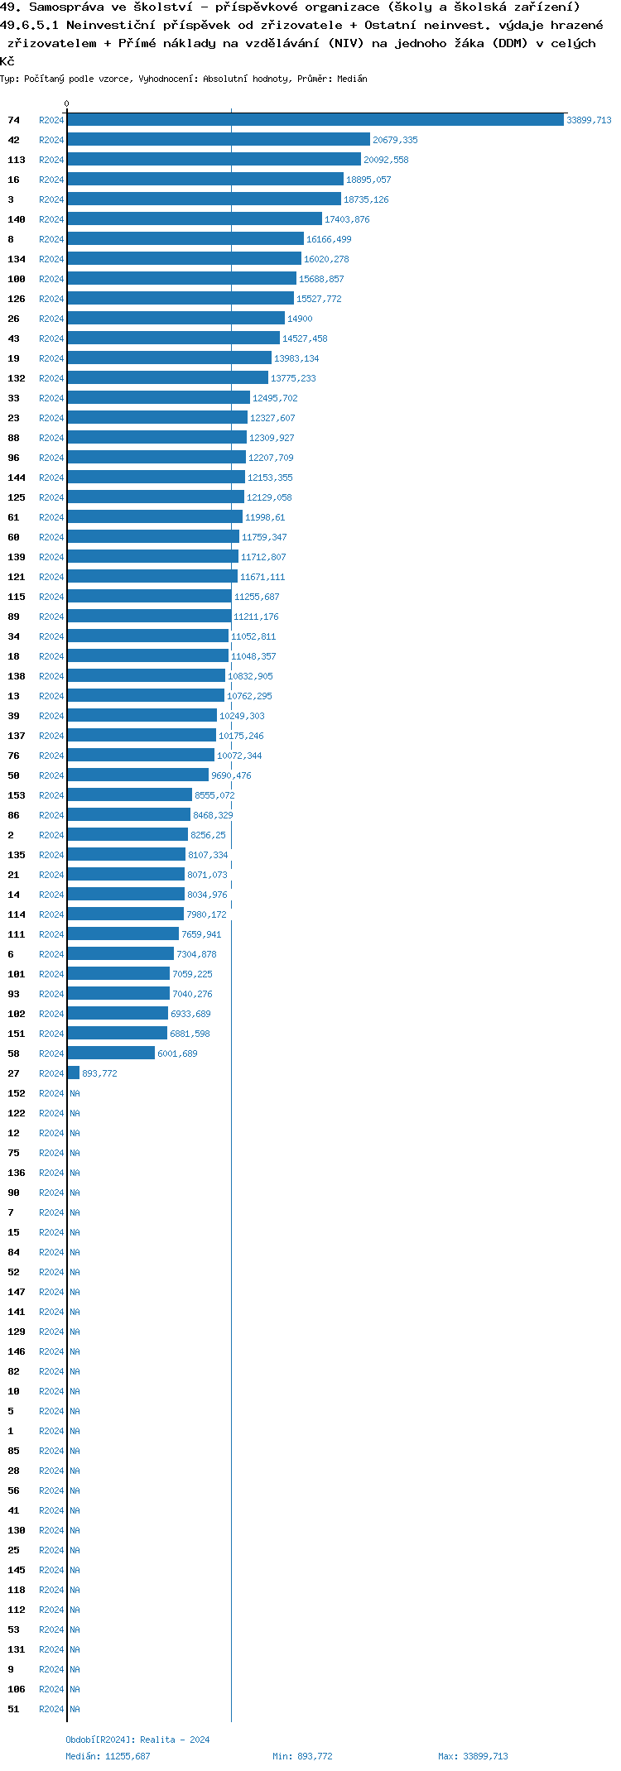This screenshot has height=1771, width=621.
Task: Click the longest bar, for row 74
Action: tap(315, 120)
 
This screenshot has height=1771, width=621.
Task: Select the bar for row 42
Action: tap(219, 140)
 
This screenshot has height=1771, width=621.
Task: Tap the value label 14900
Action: tap(300, 319)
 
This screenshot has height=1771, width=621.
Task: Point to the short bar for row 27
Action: tap(74, 1073)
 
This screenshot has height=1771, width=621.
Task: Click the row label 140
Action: tap(17, 219)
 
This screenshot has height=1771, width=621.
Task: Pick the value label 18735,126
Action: tap(366, 199)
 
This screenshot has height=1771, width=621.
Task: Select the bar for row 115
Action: tap(150, 597)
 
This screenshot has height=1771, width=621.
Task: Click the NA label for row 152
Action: tap(75, 1093)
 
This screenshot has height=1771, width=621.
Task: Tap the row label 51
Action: tap(13, 1709)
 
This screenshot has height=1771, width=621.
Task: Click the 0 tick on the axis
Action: tap(67, 103)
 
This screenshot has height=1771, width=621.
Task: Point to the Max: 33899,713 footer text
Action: tap(473, 1756)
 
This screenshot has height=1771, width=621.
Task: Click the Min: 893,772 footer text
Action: tap(302, 1756)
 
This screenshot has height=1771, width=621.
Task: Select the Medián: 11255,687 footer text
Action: tap(108, 1756)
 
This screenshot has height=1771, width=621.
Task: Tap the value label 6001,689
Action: tap(177, 1053)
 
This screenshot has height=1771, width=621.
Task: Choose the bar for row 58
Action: tap(111, 1053)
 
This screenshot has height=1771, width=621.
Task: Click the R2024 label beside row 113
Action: tap(51, 160)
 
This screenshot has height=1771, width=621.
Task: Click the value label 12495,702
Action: tap(275, 398)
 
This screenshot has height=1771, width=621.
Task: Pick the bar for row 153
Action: tap(130, 795)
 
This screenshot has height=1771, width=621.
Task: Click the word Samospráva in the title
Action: tap(65, 7)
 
